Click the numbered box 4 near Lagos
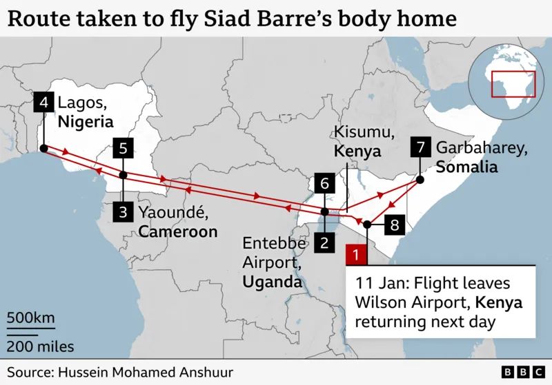click(43, 103)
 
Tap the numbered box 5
click(123, 147)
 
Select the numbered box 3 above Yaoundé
click(123, 212)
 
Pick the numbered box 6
click(324, 184)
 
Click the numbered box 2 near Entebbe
click(324, 242)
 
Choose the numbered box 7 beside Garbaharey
click(420, 147)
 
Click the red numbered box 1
click(355, 254)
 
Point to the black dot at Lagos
click(43, 148)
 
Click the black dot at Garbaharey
click(420, 180)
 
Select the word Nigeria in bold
click(85, 123)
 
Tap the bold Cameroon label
click(178, 231)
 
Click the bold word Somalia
click(466, 167)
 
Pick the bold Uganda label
click(272, 282)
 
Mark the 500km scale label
click(30, 318)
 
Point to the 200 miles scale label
click(41, 346)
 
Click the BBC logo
click(521, 372)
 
